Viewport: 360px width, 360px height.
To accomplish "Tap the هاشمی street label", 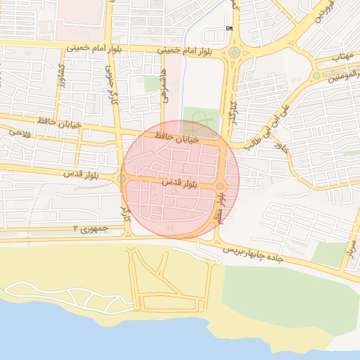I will pos(167,89).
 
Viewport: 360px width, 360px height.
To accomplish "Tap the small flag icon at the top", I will pos(229,28).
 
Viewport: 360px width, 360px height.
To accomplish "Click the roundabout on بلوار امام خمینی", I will pos(233,52).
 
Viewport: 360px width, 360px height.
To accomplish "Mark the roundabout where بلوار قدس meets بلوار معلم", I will pos(221,186).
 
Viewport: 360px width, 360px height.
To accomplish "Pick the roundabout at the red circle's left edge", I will pos(122,179).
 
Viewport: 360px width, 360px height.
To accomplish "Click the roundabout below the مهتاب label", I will pos(316,75).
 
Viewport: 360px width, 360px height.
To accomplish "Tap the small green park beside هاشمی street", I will pos(152,84).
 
